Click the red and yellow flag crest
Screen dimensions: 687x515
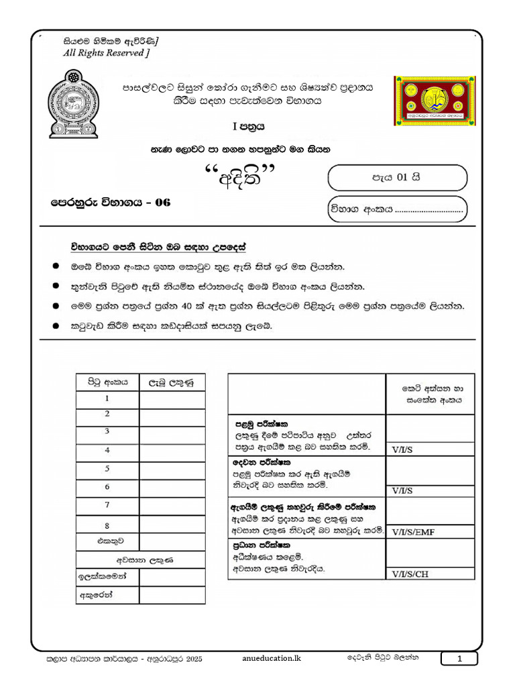pyautogui.click(x=434, y=100)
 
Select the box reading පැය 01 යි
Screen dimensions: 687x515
pyautogui.click(x=397, y=178)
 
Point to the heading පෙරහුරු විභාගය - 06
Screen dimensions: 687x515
pyautogui.click(x=111, y=202)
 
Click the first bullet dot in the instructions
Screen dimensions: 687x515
pyautogui.click(x=56, y=266)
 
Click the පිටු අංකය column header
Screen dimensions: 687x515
pyautogui.click(x=107, y=383)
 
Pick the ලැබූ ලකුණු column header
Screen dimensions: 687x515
pyautogui.click(x=172, y=383)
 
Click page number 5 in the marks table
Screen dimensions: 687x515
pyautogui.click(x=107, y=469)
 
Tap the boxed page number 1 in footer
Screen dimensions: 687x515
pyautogui.click(x=459, y=659)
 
